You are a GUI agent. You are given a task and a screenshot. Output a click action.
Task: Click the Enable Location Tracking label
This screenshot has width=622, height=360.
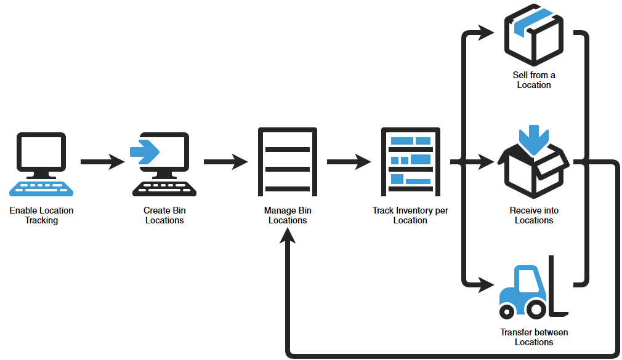(x=41, y=215)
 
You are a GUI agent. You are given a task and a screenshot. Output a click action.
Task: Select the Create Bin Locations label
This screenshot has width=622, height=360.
(x=164, y=215)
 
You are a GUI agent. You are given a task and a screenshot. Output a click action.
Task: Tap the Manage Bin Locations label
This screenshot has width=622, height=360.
(x=288, y=215)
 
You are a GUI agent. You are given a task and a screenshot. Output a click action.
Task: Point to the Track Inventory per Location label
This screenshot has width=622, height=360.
(x=410, y=215)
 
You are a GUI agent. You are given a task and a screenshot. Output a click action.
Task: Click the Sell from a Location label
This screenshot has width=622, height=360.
(x=534, y=80)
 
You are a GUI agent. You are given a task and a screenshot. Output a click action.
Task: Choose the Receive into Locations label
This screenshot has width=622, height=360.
(x=534, y=215)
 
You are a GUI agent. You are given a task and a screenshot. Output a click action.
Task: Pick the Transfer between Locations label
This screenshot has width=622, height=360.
(x=534, y=337)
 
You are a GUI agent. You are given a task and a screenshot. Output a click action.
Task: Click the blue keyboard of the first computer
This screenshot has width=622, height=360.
(x=41, y=187)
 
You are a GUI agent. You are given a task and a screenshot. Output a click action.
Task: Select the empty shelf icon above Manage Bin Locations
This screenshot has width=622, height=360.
(x=288, y=161)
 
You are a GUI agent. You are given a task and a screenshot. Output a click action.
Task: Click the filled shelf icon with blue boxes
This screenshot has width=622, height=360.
(x=410, y=161)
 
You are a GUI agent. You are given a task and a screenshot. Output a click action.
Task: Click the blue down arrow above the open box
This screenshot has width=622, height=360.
(x=533, y=138)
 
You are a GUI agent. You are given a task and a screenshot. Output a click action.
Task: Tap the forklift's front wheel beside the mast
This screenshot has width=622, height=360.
(x=537, y=310)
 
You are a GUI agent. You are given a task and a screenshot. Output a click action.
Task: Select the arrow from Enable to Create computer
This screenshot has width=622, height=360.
(x=103, y=162)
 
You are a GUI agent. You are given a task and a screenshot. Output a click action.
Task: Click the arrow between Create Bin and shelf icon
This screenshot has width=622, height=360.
(x=225, y=162)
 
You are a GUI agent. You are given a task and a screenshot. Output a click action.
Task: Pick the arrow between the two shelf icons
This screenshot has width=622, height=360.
(x=349, y=162)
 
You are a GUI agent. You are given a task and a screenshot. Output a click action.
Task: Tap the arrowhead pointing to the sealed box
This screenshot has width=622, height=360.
(x=487, y=32)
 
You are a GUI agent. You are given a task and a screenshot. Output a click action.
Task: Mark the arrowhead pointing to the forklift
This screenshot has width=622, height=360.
(x=487, y=285)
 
